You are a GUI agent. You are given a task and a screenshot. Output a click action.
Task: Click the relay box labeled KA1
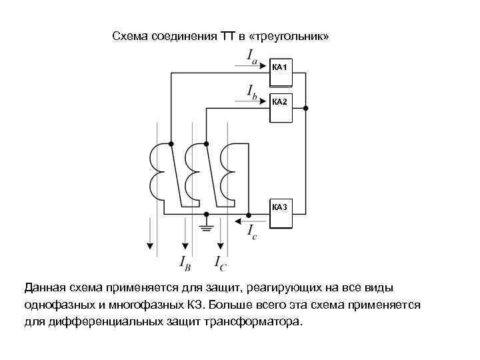point(281,73)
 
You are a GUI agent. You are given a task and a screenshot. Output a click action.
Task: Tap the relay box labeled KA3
point(281,213)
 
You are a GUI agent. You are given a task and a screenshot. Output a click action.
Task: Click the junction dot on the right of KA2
point(306,107)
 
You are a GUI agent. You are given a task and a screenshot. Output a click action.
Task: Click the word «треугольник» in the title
point(289,35)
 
